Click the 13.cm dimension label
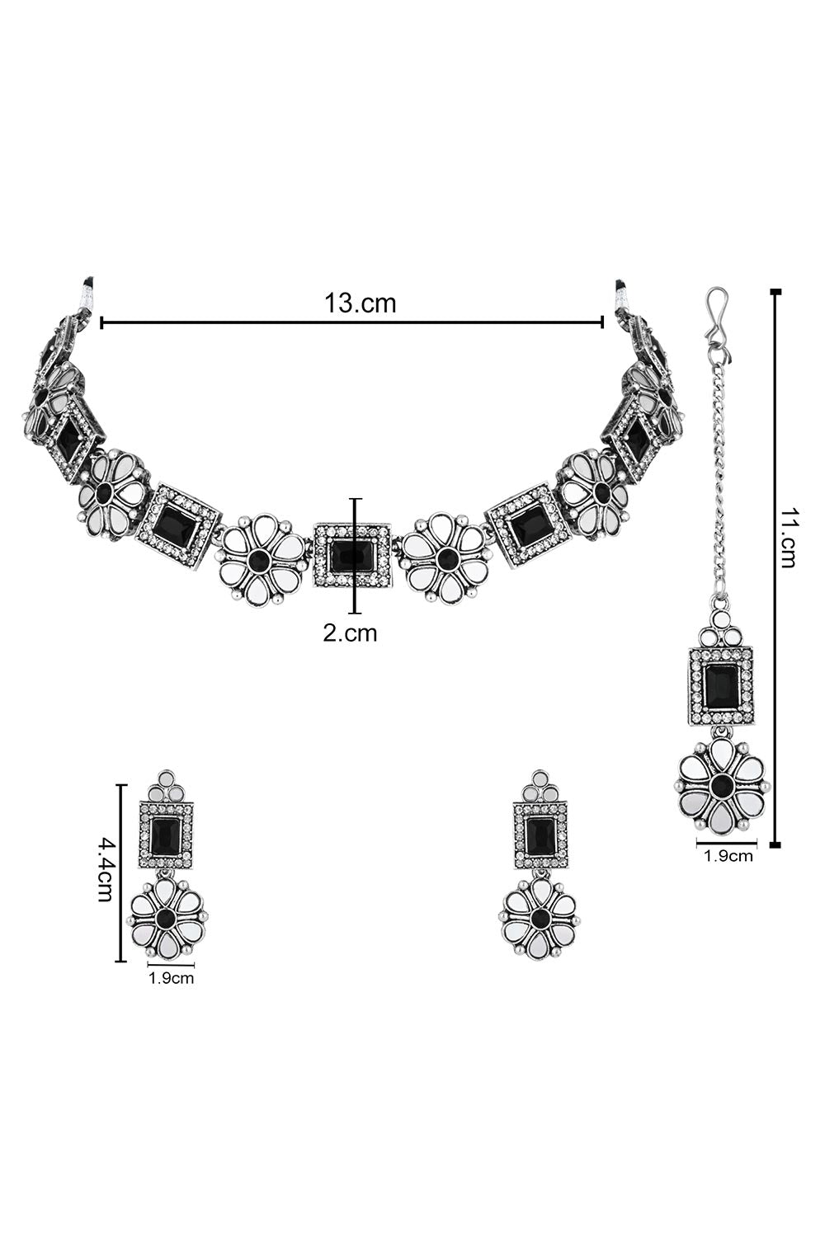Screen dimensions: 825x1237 360,303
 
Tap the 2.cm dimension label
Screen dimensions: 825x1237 350,633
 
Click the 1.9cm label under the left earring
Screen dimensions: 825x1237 171,979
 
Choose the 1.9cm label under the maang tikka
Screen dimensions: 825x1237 728,857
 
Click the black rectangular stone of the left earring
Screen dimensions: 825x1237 164,835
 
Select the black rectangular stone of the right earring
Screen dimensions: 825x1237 540,835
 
